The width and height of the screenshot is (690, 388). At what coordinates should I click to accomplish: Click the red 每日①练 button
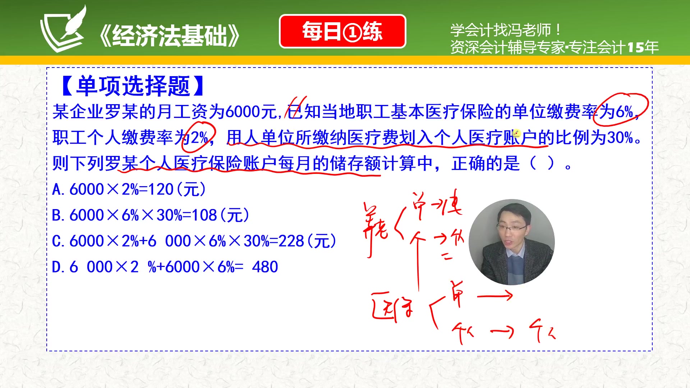coord(342,31)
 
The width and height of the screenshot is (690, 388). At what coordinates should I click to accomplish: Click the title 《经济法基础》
coord(169,36)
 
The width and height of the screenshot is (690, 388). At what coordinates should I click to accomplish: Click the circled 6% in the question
coord(624,112)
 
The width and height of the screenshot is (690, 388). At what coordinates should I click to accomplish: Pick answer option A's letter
coord(57,189)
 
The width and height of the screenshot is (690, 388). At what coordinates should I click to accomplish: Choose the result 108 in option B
coord(204,215)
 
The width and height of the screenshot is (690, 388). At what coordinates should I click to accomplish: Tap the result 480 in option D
coord(265,267)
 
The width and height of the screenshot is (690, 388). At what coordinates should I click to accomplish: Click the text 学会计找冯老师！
coord(505,30)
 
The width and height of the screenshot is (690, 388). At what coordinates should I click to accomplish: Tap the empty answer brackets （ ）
coord(542,163)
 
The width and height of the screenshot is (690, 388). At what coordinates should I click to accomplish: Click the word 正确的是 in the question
coord(486,163)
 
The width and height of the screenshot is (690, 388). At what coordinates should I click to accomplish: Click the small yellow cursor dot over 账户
coord(516,133)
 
